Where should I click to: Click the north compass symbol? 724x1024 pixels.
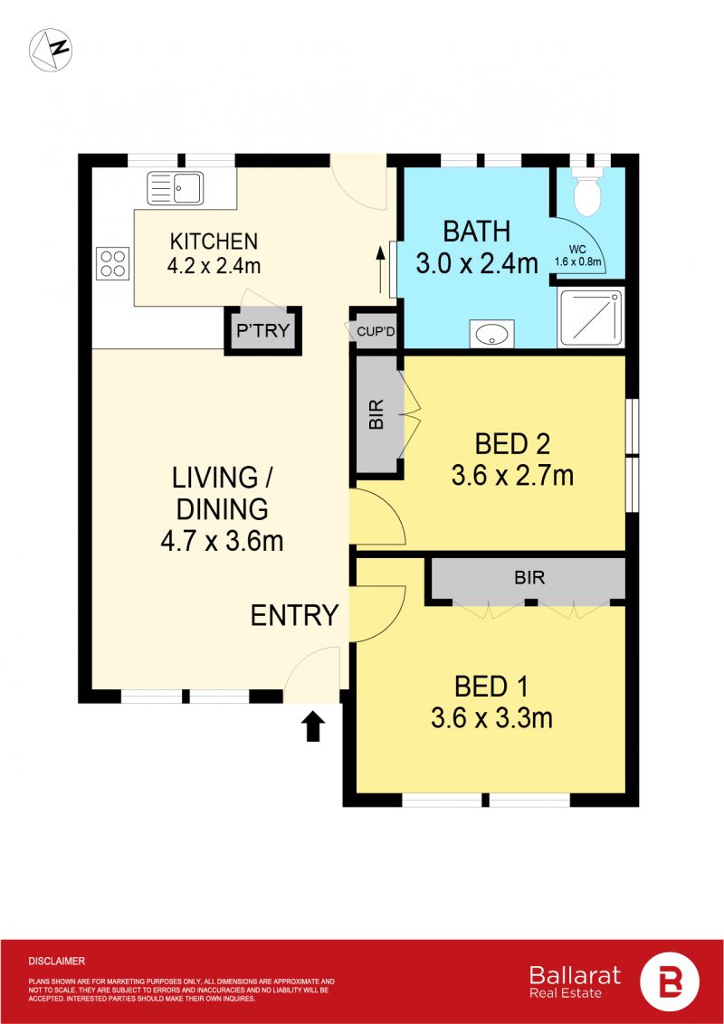tap(51, 50)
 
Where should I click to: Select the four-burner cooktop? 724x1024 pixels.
tap(113, 263)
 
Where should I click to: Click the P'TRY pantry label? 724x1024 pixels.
tap(262, 330)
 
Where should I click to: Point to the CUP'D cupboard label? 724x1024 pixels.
tap(376, 332)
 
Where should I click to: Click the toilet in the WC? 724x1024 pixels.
tap(586, 192)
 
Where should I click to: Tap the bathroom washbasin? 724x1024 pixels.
tap(492, 335)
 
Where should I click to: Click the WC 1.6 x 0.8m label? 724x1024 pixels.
tap(579, 255)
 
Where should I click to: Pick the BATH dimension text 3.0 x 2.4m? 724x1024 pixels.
tap(477, 263)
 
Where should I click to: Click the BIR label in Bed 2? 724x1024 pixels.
tap(376, 413)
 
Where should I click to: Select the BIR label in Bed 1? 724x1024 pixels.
tap(529, 577)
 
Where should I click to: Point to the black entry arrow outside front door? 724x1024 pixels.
tap(313, 726)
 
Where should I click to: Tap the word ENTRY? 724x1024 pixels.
tap(295, 615)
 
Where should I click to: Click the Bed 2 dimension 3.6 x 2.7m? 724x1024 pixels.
tap(512, 476)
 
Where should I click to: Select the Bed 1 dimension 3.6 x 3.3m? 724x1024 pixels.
tap(491, 718)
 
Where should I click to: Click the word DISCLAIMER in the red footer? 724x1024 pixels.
tap(57, 962)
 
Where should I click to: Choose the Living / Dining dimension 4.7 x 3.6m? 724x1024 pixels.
tap(222, 541)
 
